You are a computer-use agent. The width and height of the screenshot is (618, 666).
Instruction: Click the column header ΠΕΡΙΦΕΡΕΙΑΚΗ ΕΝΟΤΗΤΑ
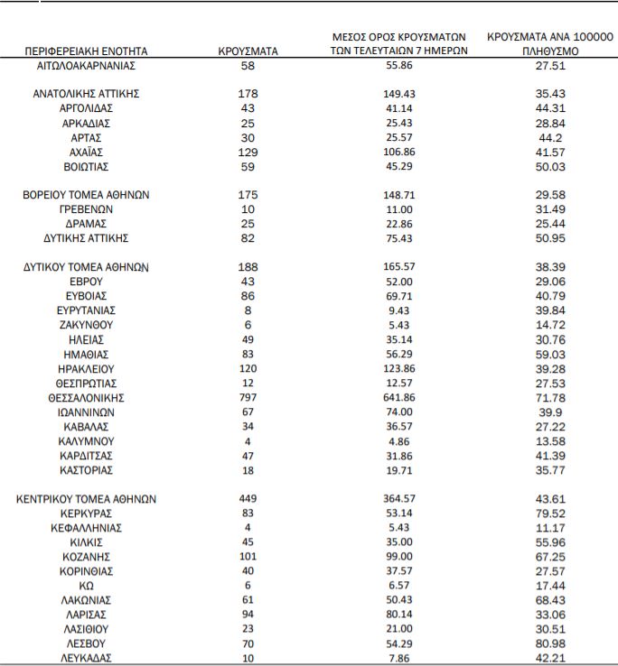click(87, 52)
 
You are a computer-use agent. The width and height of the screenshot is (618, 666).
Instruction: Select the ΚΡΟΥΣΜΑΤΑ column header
click(248, 52)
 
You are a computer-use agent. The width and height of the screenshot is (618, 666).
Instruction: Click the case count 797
click(248, 397)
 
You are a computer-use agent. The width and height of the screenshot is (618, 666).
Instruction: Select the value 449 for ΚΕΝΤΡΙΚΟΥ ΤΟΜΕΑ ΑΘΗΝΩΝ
click(248, 499)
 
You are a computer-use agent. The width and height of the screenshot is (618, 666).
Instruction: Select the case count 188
click(248, 267)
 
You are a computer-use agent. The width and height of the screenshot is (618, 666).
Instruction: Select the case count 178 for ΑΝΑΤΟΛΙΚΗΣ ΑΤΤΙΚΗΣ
click(248, 94)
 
